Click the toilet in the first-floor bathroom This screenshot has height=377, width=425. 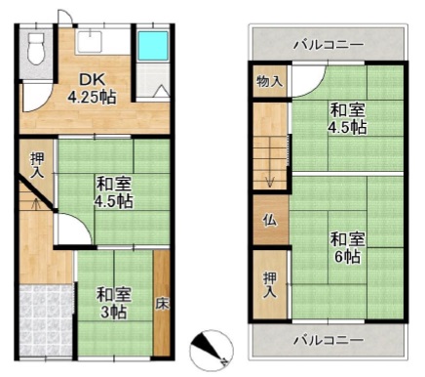tap(36, 49)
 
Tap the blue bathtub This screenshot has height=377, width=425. tap(153, 46)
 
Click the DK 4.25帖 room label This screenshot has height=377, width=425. tap(92, 88)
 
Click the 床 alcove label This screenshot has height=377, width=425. tap(162, 304)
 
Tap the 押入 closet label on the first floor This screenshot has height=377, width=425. tap(36, 165)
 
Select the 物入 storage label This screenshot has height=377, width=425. tap(269, 81)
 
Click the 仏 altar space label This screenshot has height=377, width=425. tap(270, 221)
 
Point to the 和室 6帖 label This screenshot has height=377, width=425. tap(347, 248)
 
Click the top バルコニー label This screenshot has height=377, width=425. tap(328, 45)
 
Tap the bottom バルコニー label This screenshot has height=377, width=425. tap(328, 341)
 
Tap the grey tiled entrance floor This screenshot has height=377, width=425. tap(46, 320)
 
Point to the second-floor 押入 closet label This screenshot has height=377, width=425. tap(270, 285)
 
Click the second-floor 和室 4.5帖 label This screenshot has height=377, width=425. tap(347, 118)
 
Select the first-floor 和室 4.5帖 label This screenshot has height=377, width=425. tap(113, 192)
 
